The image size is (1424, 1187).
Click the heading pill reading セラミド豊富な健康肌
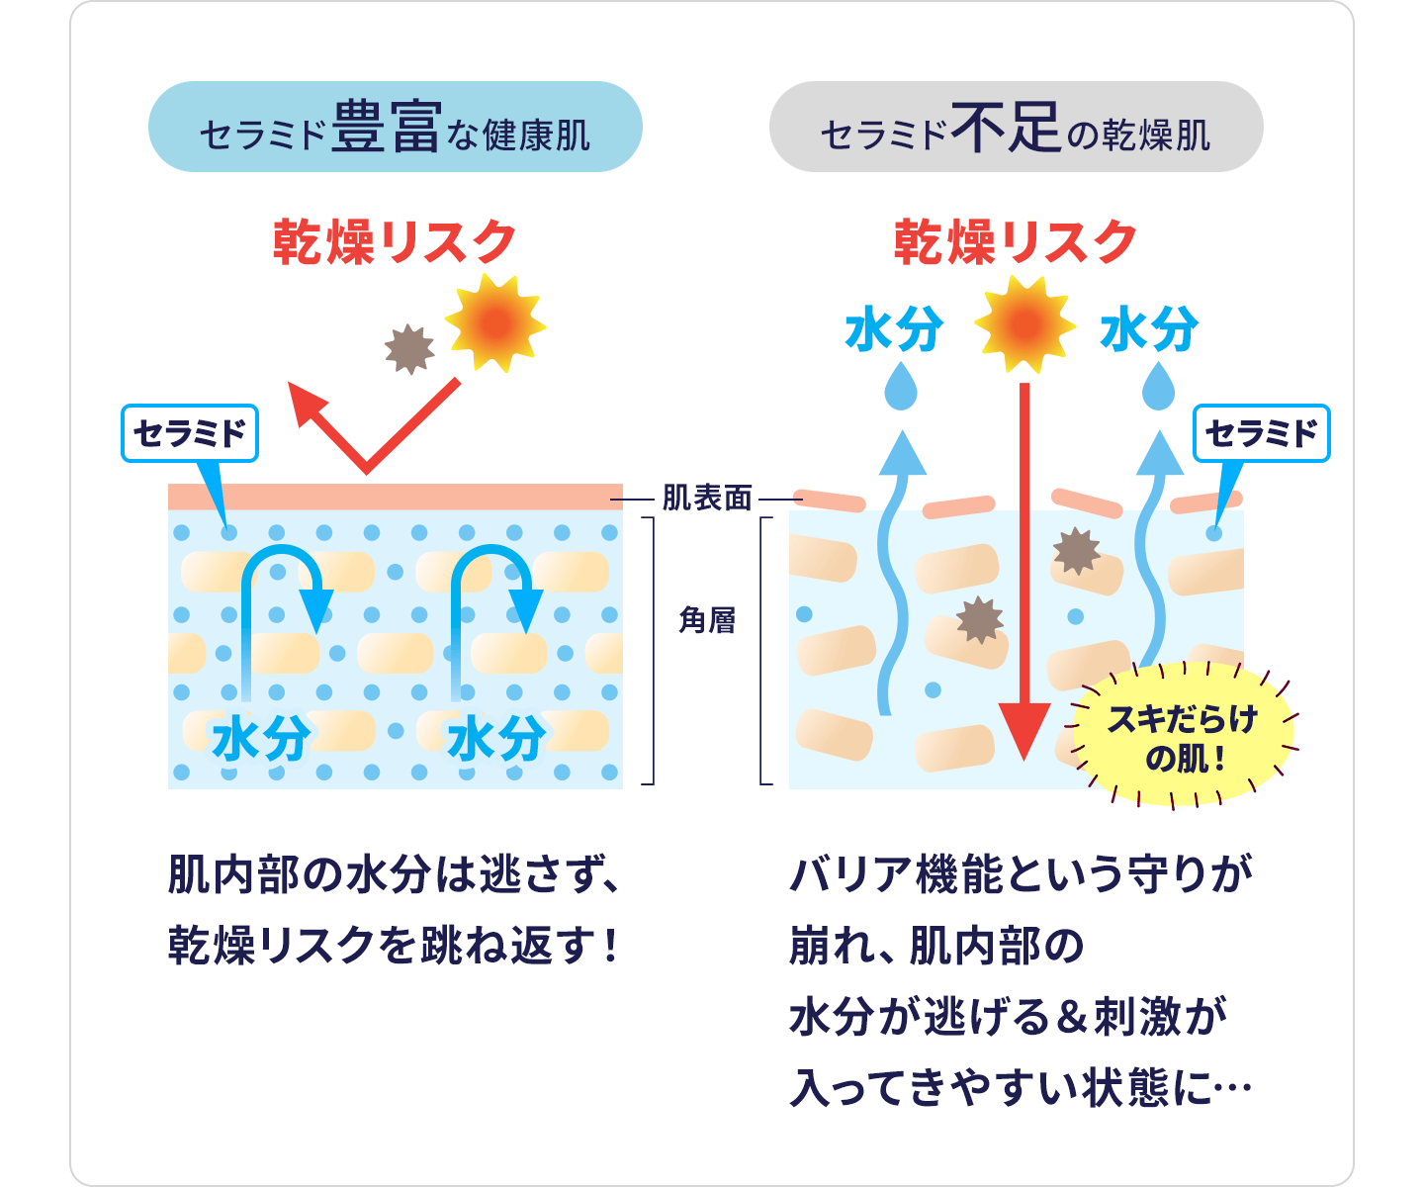click(395, 128)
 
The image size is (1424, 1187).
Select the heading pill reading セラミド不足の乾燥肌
click(1016, 128)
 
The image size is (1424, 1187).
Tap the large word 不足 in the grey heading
click(1006, 128)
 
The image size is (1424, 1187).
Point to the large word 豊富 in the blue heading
click(385, 128)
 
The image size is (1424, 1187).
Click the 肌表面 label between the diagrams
click(707, 499)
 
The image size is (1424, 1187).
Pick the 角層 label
click(707, 621)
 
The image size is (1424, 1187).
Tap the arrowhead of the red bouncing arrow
click(308, 405)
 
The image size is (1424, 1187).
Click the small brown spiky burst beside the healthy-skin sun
click(409, 349)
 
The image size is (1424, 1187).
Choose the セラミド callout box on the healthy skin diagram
click(189, 433)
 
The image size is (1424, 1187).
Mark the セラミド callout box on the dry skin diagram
click(1262, 433)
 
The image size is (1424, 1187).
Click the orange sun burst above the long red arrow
click(1024, 324)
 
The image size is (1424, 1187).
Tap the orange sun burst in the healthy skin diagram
click(494, 322)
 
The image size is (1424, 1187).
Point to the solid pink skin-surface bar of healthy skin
click(395, 497)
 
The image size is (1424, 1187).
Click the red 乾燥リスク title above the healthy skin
click(395, 242)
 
